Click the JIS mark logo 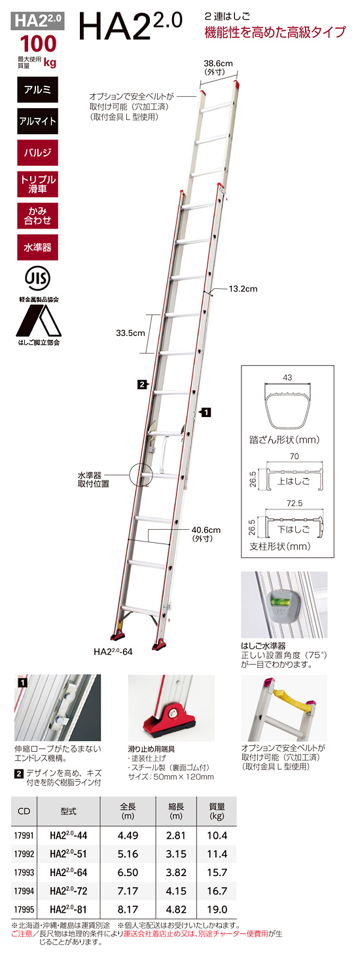37,279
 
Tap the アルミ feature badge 37,90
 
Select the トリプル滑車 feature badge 37,184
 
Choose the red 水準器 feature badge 37,247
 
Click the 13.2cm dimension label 243,289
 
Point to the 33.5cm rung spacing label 130,333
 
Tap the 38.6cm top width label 218,64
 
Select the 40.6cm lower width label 206,530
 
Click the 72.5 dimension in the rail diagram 295,504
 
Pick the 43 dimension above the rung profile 287,378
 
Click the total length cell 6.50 128,872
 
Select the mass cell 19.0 217,910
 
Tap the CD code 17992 24,854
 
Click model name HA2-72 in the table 68,891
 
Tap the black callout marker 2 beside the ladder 142,384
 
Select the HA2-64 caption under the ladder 113,652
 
